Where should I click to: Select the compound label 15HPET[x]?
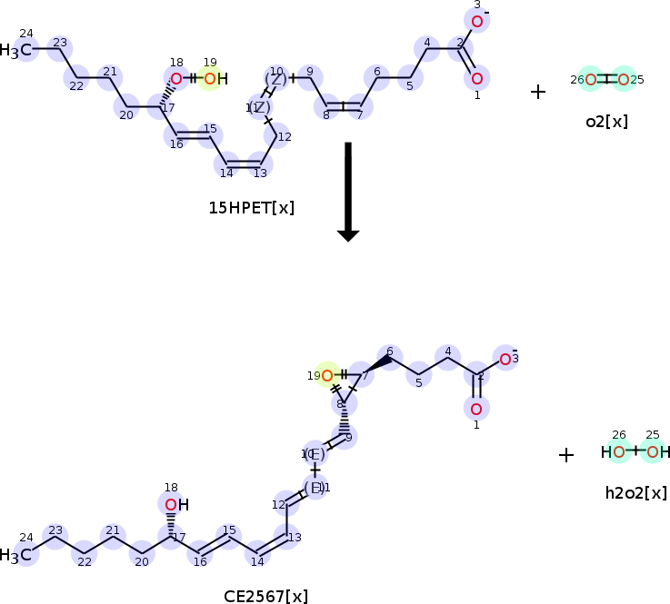[x=252, y=208]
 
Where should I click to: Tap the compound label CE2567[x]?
[x=265, y=596]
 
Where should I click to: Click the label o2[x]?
[x=606, y=121]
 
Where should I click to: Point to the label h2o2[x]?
[x=636, y=493]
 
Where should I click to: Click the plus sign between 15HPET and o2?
[x=538, y=92]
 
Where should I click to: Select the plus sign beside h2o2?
[x=566, y=455]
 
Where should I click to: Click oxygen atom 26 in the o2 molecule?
[x=591, y=80]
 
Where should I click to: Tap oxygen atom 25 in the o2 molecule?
[x=623, y=80]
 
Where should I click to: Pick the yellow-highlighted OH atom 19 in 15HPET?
[x=211, y=79]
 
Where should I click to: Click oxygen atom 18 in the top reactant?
[x=176, y=79]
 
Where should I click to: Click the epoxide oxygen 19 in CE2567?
[x=326, y=374]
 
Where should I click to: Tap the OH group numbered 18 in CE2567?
[x=174, y=504]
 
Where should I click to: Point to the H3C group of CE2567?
[x=22, y=554]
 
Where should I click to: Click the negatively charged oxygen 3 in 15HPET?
[x=476, y=21]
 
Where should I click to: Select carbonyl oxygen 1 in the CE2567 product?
[x=476, y=409]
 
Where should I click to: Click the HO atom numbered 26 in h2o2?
[x=615, y=451]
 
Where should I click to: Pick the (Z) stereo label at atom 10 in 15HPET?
[x=275, y=79]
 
